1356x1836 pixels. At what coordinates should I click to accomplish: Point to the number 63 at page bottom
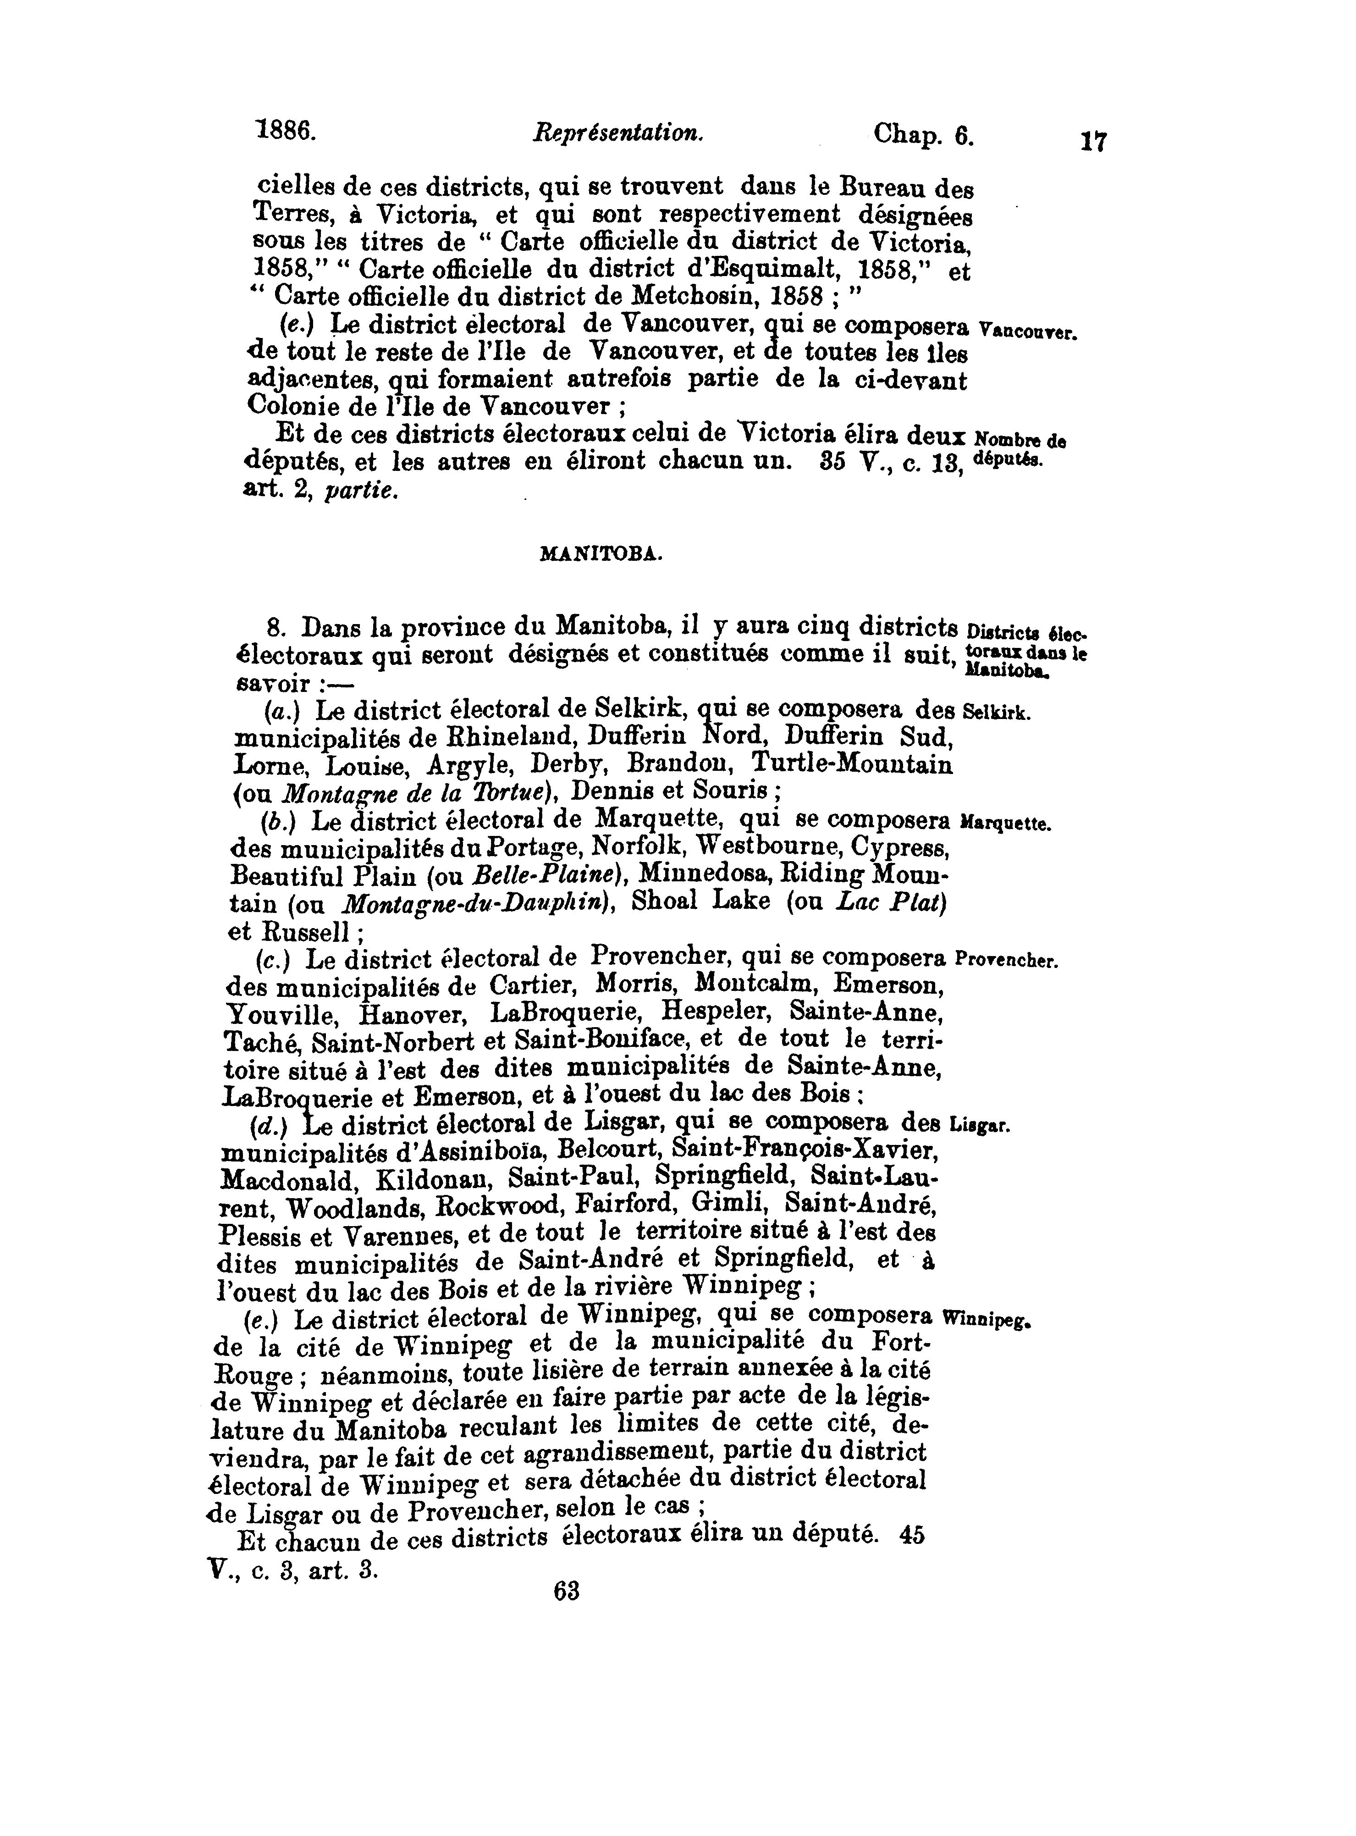[566, 1591]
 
